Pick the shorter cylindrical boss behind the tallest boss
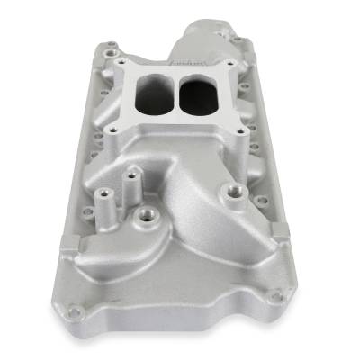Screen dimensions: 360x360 click(x=132, y=175)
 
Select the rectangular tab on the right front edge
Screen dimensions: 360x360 click(x=280, y=232)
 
